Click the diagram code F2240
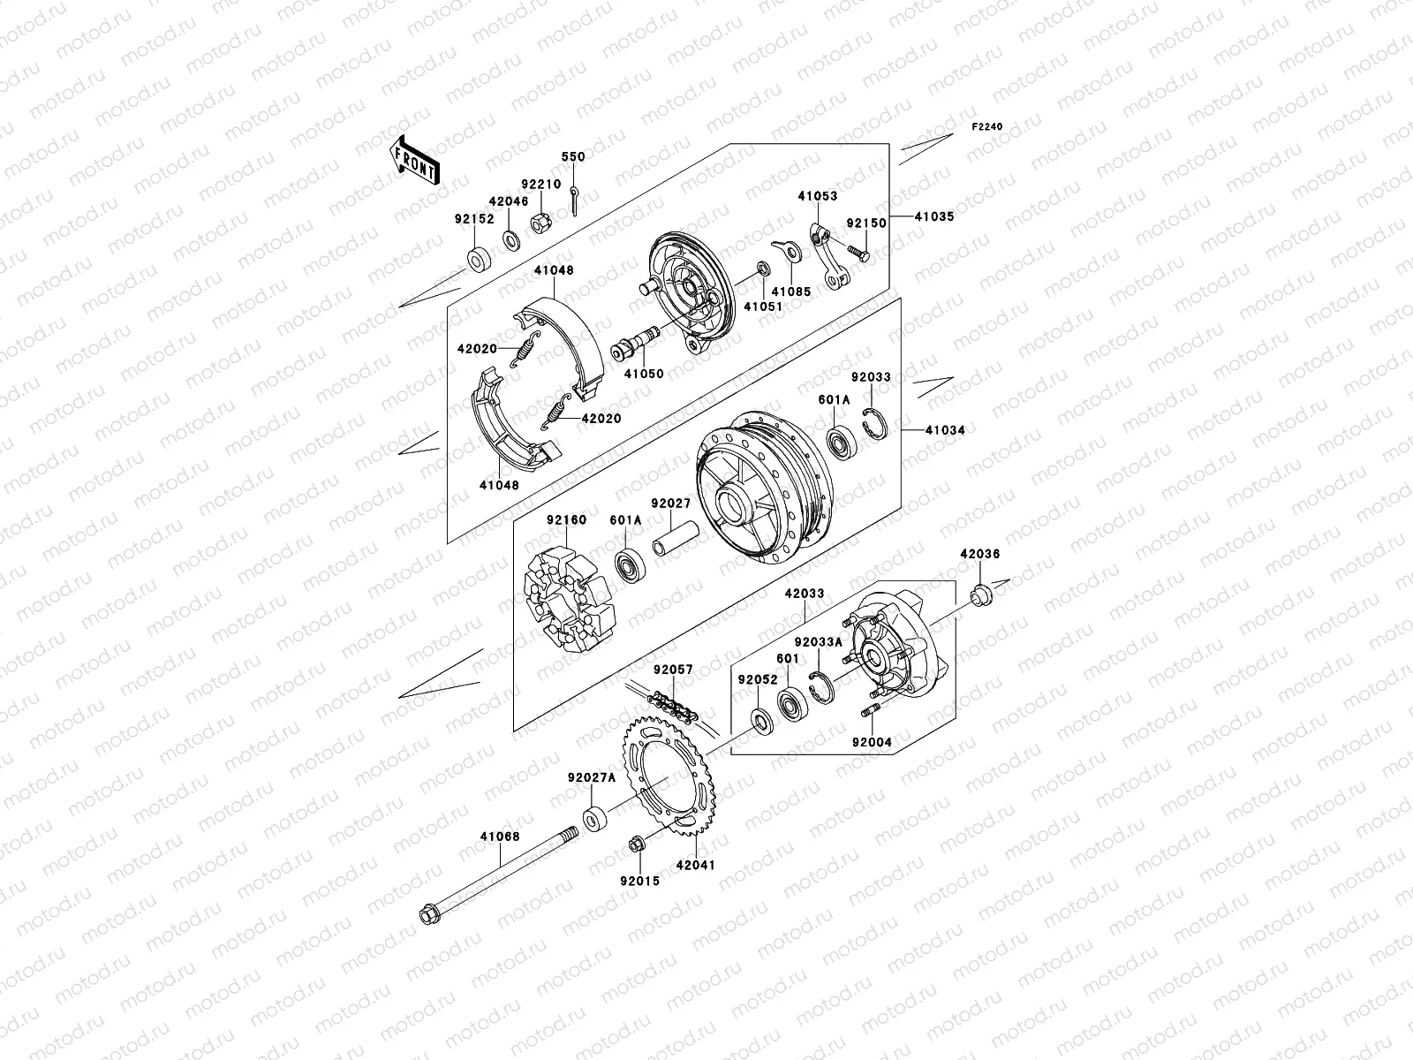[x=988, y=127]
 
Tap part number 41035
[x=934, y=216]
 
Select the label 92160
[x=565, y=520]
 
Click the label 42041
[x=695, y=866]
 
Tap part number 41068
[x=500, y=837]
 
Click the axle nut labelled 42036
[x=979, y=596]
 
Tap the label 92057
[x=673, y=670]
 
